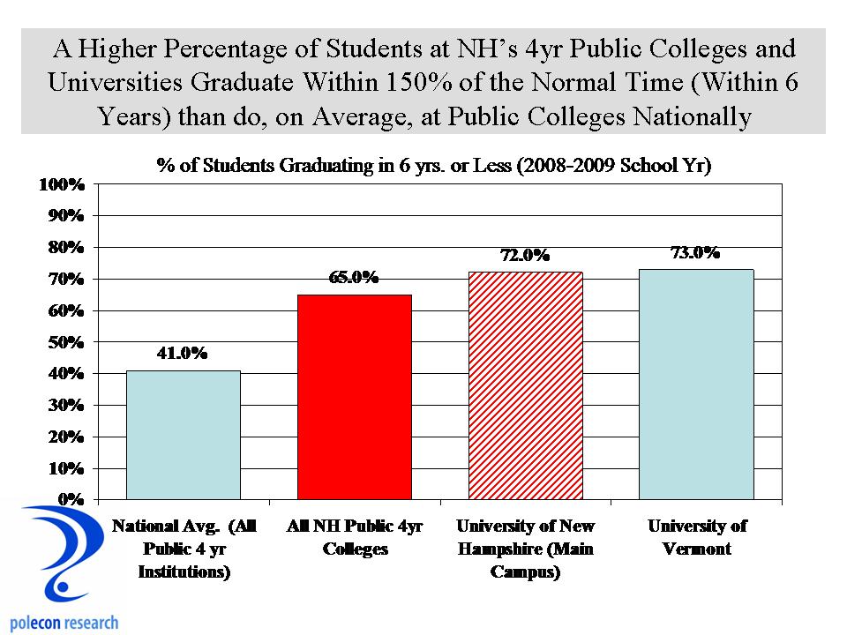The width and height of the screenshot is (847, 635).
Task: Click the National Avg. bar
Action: coord(184,435)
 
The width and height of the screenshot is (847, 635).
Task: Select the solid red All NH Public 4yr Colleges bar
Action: coord(355,397)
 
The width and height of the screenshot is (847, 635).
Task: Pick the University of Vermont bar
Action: coord(696,385)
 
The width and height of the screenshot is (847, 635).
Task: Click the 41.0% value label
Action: coord(182,354)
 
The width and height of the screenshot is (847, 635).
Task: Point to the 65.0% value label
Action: coord(354,278)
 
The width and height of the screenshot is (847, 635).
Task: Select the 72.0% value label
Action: coord(525,256)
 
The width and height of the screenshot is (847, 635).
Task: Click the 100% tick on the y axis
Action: coord(61,184)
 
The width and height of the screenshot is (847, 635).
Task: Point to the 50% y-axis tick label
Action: coord(64,341)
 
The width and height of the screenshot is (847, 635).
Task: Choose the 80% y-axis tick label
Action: coord(64,248)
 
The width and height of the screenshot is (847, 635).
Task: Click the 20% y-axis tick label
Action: coord(64,437)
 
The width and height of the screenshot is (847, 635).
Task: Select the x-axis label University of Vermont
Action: coord(697,538)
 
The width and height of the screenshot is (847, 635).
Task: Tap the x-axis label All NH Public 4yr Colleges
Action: coord(355,538)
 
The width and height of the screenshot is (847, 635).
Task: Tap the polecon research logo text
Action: coord(62,623)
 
